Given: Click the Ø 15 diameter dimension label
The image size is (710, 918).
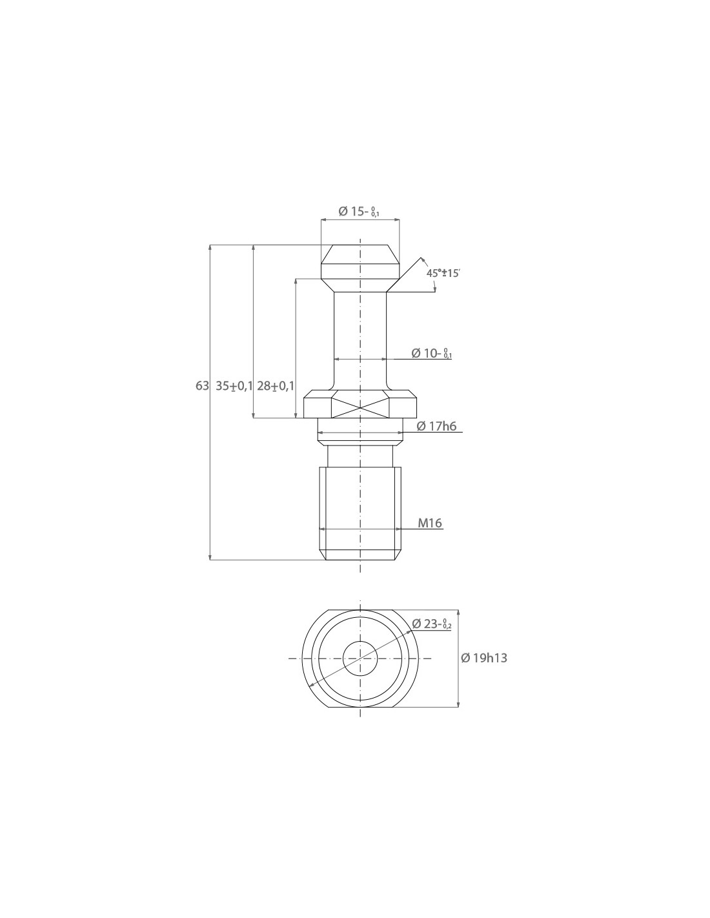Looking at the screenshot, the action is pyautogui.click(x=359, y=211).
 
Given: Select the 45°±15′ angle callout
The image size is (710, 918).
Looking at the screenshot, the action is pyautogui.click(x=443, y=273).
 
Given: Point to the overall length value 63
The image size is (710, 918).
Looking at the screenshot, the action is pyautogui.click(x=202, y=385).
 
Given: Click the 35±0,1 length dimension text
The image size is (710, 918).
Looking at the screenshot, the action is pyautogui.click(x=234, y=385).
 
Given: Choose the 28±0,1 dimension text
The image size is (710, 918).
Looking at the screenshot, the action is pyautogui.click(x=276, y=385).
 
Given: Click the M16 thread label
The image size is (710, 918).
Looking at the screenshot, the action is pyautogui.click(x=430, y=523).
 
